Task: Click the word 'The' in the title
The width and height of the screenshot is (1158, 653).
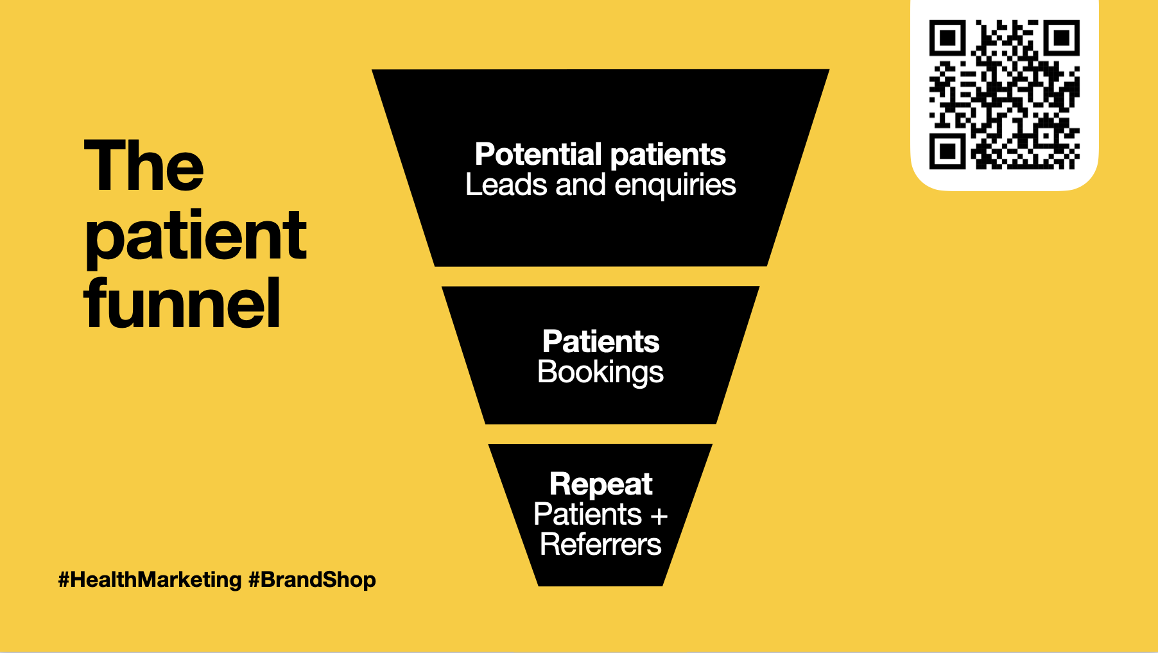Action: point(144,166)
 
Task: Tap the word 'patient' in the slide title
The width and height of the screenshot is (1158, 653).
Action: point(196,237)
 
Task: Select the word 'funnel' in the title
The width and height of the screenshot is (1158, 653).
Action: point(182,304)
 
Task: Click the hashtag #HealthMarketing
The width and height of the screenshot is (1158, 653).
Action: point(150,580)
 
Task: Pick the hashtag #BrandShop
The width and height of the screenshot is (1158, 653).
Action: point(312,580)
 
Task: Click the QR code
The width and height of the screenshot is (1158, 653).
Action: point(1004,95)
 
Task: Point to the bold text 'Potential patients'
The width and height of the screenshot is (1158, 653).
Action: point(600,155)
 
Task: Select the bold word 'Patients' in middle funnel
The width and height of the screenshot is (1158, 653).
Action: point(601,342)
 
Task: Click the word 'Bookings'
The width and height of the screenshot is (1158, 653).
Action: point(600,373)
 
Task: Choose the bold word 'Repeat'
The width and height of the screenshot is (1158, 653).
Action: point(601,484)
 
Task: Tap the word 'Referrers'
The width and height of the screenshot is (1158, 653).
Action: point(600,545)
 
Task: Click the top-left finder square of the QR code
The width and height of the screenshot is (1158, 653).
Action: point(947,38)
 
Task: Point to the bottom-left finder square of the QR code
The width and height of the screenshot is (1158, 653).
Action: point(947,151)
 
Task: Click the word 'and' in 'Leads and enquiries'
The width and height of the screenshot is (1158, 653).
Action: point(580,185)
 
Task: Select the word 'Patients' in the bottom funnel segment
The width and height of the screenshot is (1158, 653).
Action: point(587,514)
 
